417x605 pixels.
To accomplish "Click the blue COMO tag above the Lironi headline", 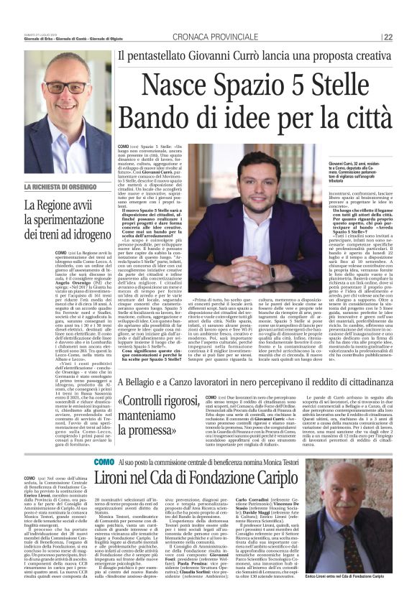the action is coord(104,461).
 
